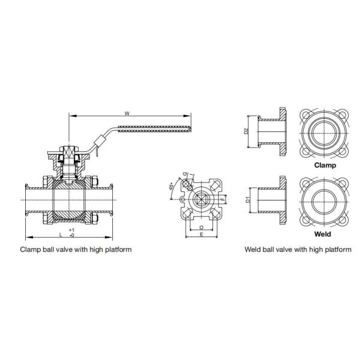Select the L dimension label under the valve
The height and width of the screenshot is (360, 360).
pos(61,233)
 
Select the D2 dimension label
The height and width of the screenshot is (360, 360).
pos(245,131)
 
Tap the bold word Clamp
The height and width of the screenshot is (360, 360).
pos(325,164)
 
